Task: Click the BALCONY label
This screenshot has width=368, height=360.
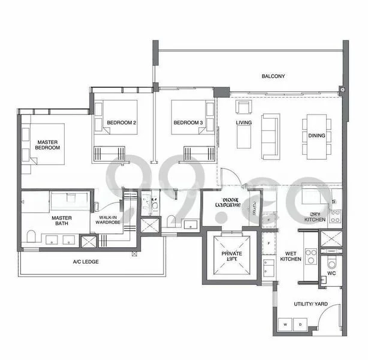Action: (x=273, y=76)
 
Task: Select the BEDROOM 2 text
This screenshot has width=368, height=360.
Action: (x=122, y=123)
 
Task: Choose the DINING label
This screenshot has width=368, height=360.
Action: (x=316, y=136)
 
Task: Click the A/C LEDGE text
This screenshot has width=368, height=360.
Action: (x=86, y=262)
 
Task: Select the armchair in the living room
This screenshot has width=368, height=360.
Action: (x=243, y=107)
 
